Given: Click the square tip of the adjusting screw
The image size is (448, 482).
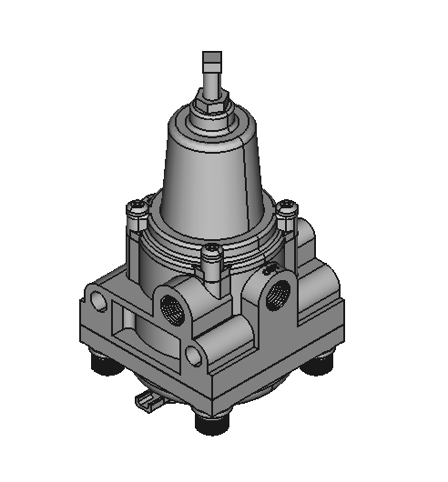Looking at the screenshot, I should pyautogui.click(x=211, y=63).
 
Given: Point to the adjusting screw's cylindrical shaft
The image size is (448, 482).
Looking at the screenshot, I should pyautogui.click(x=211, y=84).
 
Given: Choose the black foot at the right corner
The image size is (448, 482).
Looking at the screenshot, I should pyautogui.click(x=321, y=365).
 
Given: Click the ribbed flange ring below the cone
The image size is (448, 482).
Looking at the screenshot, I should pyautogui.click(x=211, y=238).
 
